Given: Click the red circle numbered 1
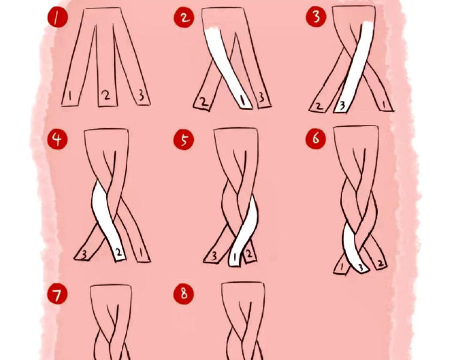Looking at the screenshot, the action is pyautogui.click(x=58, y=17).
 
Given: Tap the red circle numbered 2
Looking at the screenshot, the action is pyautogui.click(x=184, y=17).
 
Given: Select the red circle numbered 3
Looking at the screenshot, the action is pyautogui.click(x=316, y=17).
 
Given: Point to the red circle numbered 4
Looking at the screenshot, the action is pyautogui.click(x=58, y=139).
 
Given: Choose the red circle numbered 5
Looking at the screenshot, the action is pyautogui.click(x=184, y=140).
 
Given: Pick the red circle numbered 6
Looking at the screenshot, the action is pyautogui.click(x=316, y=139).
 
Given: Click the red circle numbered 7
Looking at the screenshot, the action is pyautogui.click(x=58, y=294).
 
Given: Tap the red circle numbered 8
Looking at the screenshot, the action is pyautogui.click(x=184, y=293).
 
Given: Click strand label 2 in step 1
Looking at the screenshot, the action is pyautogui.click(x=106, y=95).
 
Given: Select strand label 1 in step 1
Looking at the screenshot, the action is pyautogui.click(x=70, y=96).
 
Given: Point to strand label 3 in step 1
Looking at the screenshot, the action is pyautogui.click(x=141, y=95).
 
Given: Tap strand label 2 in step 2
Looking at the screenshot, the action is pyautogui.click(x=203, y=102).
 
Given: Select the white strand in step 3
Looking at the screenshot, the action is pyautogui.click(x=355, y=67).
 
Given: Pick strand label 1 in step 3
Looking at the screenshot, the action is pyautogui.click(x=385, y=105).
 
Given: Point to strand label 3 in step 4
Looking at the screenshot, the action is pyautogui.click(x=84, y=254).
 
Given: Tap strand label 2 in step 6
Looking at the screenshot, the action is pyautogui.click(x=380, y=263).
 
